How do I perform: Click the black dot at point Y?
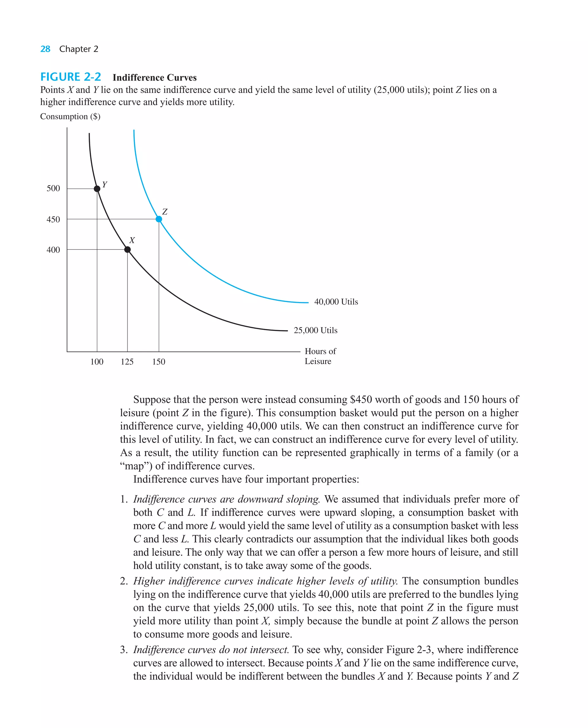point(97,189)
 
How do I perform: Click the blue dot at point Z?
point(159,219)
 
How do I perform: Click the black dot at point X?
point(127,249)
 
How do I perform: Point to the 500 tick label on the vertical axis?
point(53,188)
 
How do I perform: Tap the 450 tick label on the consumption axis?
point(53,219)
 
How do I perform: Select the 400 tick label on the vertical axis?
point(53,250)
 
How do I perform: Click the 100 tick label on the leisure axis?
point(97,362)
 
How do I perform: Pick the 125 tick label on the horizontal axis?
point(127,362)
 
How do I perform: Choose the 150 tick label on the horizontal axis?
point(158,362)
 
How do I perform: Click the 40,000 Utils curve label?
point(336,302)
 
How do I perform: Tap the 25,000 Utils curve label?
point(315,330)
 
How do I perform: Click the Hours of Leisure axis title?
point(320,356)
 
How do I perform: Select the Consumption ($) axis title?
point(70,117)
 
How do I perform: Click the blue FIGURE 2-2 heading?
point(70,77)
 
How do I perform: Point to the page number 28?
point(45,49)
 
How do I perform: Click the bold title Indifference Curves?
point(154,78)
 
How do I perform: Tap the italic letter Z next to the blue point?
point(165,212)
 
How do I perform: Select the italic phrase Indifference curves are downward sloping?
point(226,499)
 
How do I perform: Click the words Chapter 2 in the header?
point(79,49)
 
